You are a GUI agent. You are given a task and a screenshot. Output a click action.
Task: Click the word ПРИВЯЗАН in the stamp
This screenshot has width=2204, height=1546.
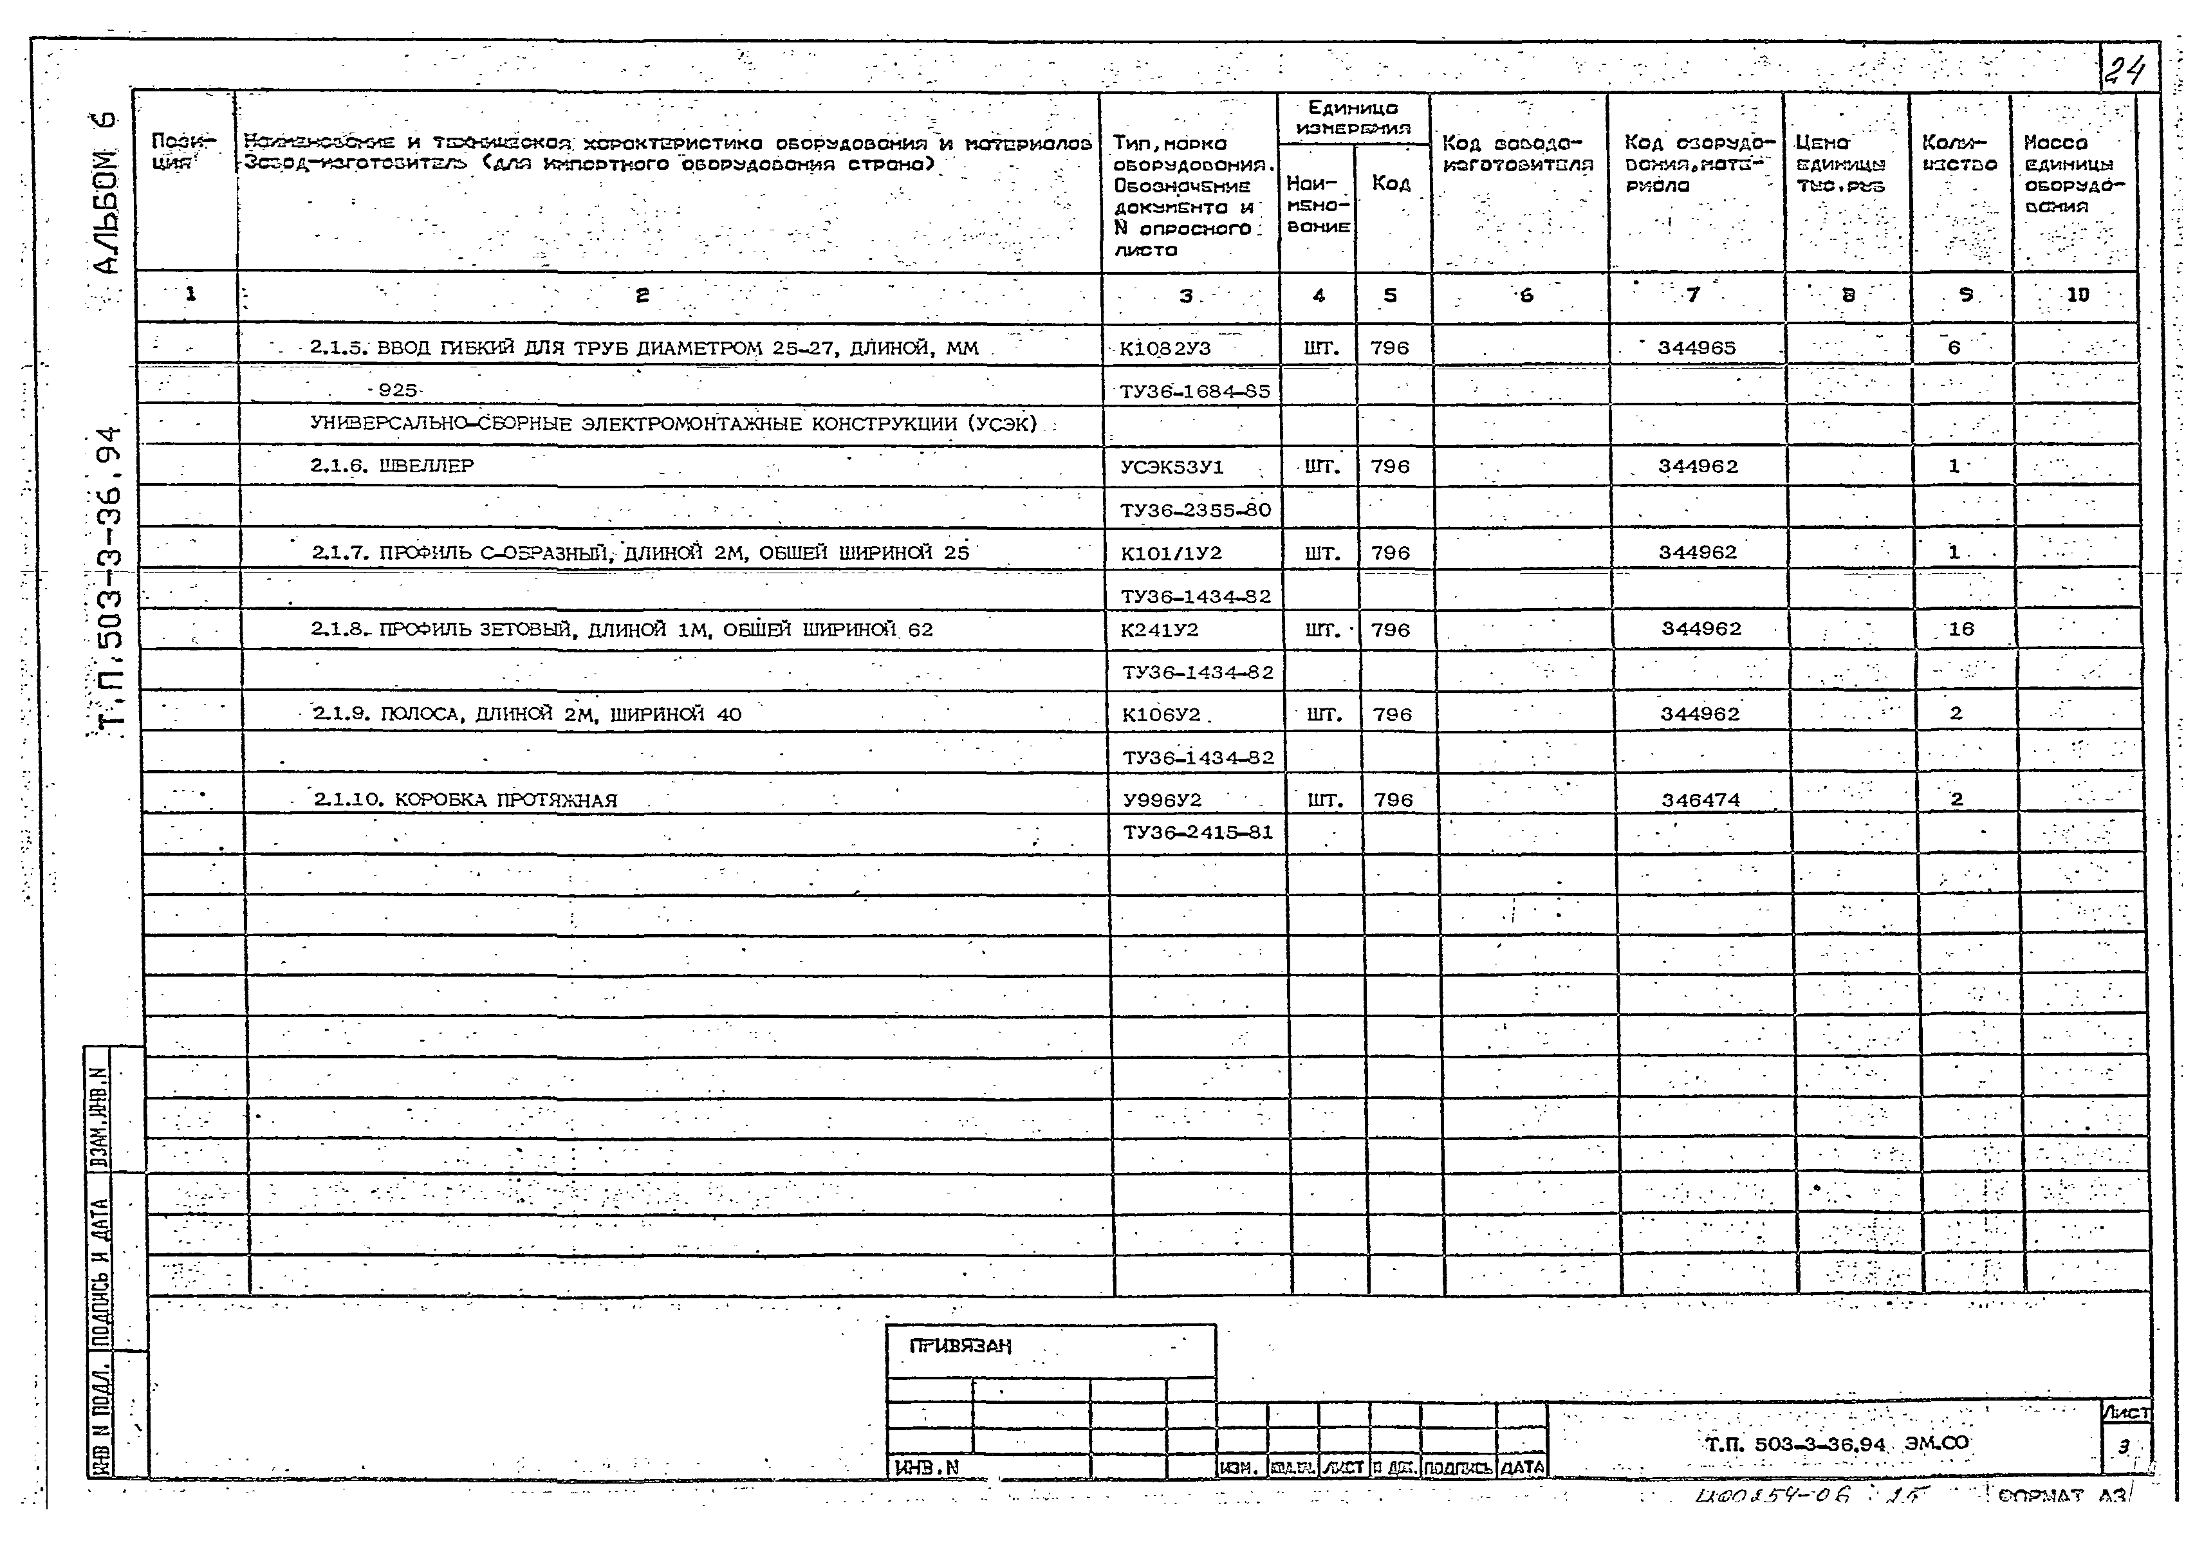click(x=960, y=1345)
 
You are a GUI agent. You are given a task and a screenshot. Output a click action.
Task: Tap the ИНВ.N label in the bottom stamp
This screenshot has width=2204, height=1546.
click(x=927, y=1466)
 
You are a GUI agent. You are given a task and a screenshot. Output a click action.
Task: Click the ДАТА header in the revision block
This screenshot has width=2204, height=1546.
click(x=1521, y=1466)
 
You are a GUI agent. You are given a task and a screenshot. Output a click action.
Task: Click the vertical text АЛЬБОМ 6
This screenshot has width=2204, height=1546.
click(x=107, y=192)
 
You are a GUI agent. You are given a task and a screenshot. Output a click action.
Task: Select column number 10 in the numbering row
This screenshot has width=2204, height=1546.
click(x=2077, y=295)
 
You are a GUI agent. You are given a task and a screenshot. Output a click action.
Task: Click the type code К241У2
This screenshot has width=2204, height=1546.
click(x=1160, y=630)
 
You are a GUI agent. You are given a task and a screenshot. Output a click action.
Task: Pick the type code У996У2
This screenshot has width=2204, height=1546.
click(x=1162, y=800)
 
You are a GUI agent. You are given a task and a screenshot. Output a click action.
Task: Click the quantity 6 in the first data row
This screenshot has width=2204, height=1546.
click(x=1954, y=347)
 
